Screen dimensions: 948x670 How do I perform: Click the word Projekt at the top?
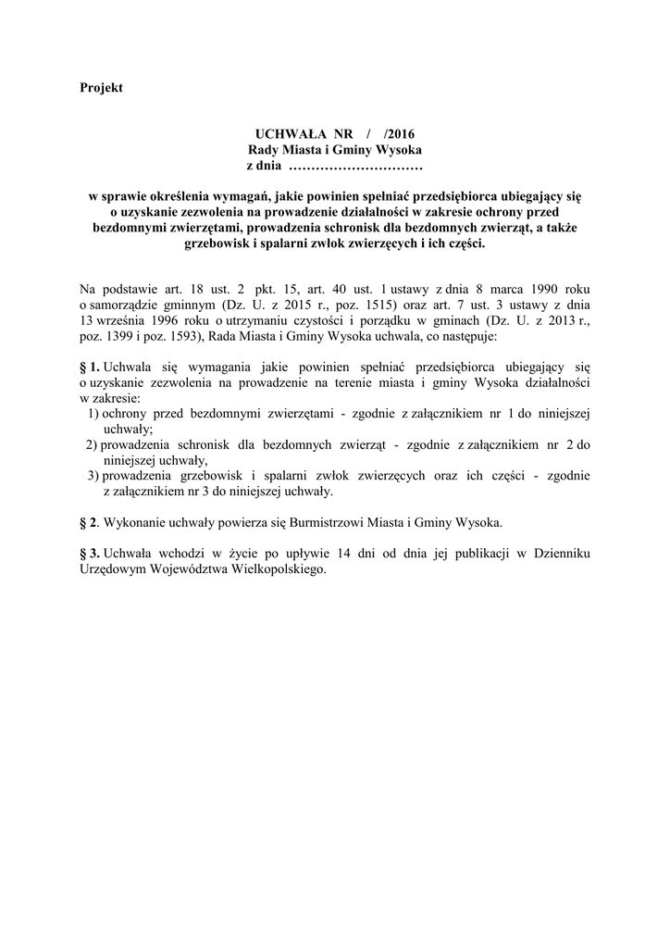[x=101, y=88]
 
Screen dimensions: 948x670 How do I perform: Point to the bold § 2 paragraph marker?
[x=89, y=522]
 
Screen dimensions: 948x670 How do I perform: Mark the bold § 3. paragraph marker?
[x=90, y=553]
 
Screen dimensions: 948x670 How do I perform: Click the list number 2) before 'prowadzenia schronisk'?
[x=92, y=444]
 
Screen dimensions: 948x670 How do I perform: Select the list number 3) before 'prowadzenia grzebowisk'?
[x=93, y=475]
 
